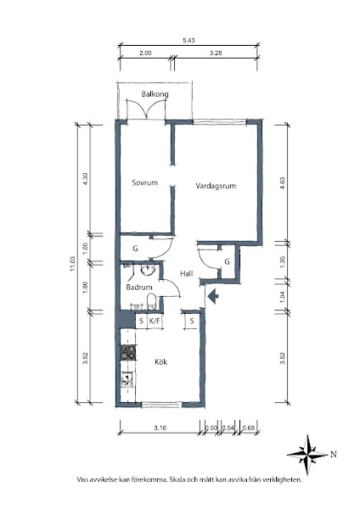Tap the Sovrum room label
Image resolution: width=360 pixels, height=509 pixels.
145,182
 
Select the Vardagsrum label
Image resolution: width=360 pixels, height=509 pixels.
216,186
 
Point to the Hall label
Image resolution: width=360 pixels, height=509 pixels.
187,274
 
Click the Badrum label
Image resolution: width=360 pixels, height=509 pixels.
139,288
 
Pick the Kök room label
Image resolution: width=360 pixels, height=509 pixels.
160,361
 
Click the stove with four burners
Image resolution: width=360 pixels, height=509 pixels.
127,353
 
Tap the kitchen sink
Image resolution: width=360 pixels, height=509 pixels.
127,380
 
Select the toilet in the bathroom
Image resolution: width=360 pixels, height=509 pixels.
151,301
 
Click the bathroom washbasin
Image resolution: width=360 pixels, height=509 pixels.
148,270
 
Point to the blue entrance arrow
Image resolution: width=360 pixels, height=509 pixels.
213,296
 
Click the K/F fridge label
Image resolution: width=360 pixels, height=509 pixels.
155,321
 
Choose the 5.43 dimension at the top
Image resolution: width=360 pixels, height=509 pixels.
188,41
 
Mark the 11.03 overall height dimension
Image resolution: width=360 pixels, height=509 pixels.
72,264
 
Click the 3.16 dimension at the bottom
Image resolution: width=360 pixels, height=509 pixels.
160,428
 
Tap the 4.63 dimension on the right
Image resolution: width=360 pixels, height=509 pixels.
282,183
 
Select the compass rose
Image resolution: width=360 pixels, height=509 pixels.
307,455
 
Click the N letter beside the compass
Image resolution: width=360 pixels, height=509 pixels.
334,455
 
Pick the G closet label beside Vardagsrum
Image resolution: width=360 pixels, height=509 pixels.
227,261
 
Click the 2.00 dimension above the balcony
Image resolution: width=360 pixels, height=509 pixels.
145,53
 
